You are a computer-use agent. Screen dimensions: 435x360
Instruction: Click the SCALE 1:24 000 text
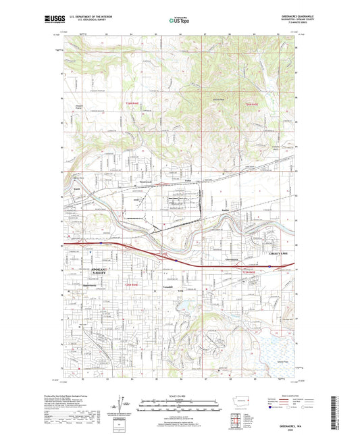coord(178,396)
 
